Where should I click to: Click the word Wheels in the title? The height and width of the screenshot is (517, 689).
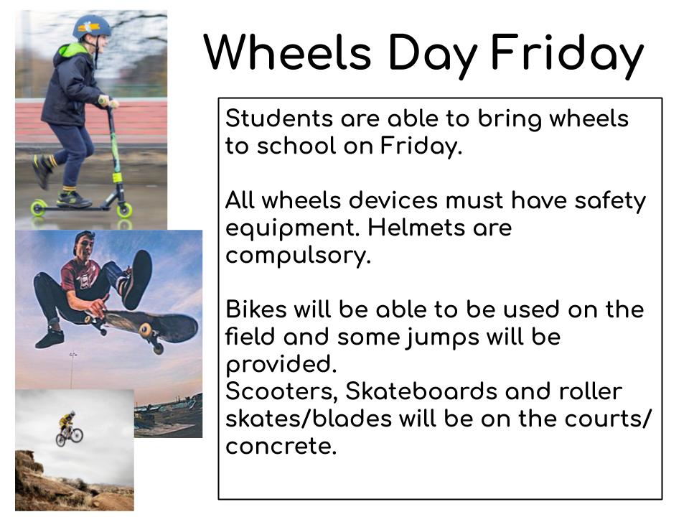(286, 52)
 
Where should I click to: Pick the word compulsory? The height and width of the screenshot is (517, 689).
(297, 255)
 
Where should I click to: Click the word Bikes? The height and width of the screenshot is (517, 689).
(256, 309)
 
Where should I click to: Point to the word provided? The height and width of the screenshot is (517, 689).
(281, 365)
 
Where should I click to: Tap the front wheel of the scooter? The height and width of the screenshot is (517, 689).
(125, 209)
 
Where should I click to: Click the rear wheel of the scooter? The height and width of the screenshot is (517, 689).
(38, 208)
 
